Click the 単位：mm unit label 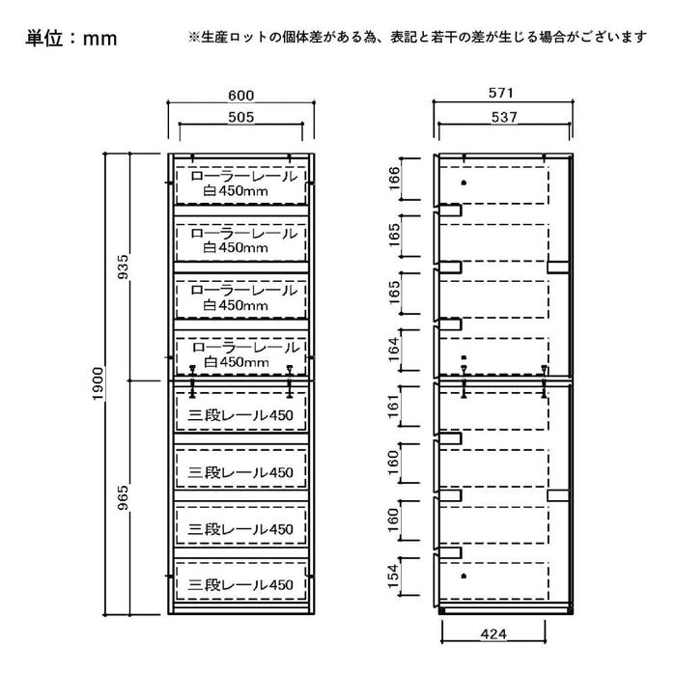[x=71, y=38]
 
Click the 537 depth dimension [x=503, y=117]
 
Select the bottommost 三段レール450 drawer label [x=241, y=584]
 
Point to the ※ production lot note [x=417, y=38]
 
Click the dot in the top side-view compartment [x=464, y=183]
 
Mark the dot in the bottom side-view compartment [x=464, y=576]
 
